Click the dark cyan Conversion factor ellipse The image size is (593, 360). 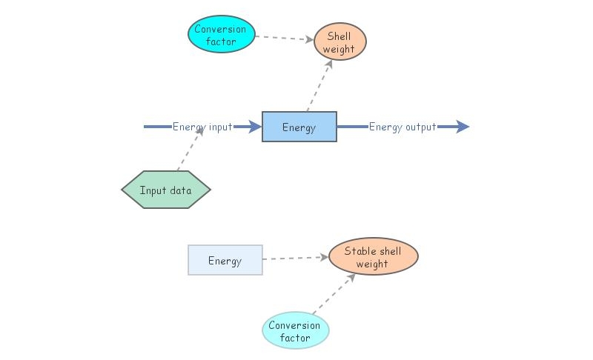221,34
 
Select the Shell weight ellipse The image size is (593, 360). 340,41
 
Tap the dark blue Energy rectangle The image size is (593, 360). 299,127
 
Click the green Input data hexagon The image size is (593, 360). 166,190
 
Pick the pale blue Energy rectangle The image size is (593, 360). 225,260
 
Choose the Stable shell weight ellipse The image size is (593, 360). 372,257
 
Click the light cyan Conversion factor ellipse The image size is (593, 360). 295,331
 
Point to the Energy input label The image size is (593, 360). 202,127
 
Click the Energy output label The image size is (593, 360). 402,127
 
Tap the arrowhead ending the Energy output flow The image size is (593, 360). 463,127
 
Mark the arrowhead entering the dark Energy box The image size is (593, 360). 254,127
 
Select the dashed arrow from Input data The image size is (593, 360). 190,150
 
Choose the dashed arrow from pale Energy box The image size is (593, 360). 295,259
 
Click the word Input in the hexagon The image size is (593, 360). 153,190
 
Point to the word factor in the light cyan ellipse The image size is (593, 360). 295,339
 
